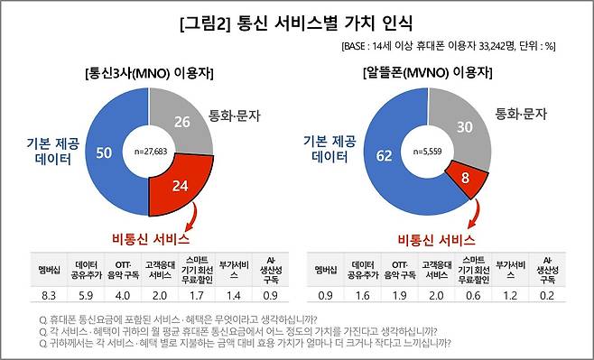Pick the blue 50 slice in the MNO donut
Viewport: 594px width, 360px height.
[x=104, y=152]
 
